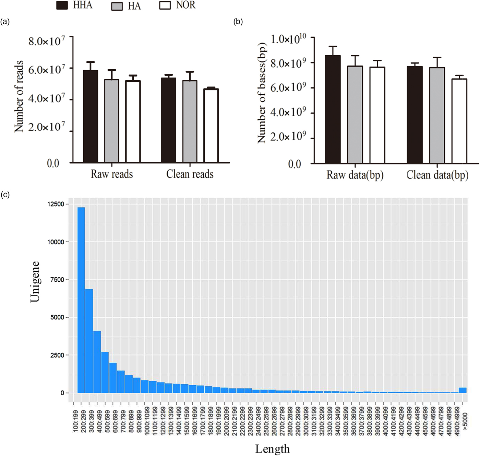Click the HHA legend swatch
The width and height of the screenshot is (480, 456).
pyautogui.click(x=62, y=5)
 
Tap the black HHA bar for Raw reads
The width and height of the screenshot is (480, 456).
pyautogui.click(x=91, y=116)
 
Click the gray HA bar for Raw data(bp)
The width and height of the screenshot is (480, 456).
pyautogui.click(x=355, y=115)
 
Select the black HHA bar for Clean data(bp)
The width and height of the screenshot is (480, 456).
pyautogui.click(x=415, y=115)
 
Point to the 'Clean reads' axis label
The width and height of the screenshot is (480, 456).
pyautogui.click(x=190, y=174)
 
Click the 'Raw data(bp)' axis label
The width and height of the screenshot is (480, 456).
pyautogui.click(x=355, y=175)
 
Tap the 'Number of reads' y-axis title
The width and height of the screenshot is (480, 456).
pyautogui.click(x=19, y=96)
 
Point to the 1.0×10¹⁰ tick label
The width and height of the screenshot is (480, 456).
pyautogui.click(x=288, y=39)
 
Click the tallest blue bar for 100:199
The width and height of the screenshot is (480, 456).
pyautogui.click(x=81, y=300)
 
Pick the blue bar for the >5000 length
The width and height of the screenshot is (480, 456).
pyautogui.click(x=463, y=390)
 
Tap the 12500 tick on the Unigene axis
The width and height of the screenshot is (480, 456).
pyautogui.click(x=56, y=204)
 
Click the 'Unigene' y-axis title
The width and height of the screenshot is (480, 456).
pyautogui.click(x=35, y=282)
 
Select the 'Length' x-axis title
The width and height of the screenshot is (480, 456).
pyautogui.click(x=272, y=449)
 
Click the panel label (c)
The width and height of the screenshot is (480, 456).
pyautogui.click(x=5, y=195)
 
